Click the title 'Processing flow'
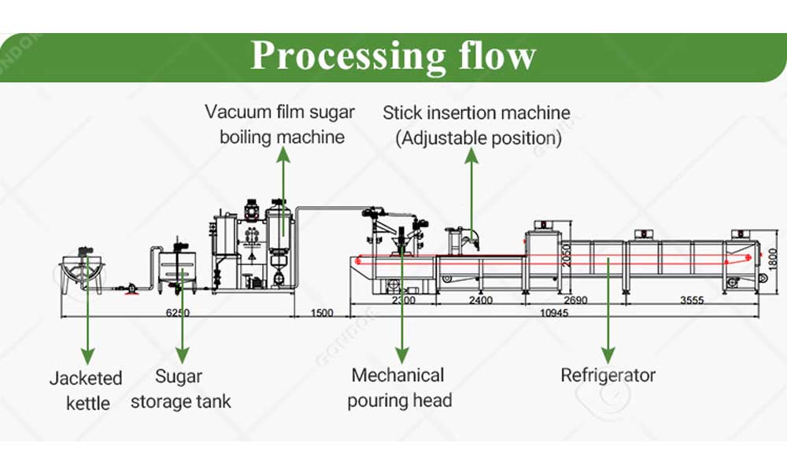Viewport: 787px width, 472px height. [x=393, y=56]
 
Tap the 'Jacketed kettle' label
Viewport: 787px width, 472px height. [x=86, y=390]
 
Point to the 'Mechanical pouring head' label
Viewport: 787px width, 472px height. [x=399, y=387]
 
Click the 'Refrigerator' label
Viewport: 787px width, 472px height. [x=608, y=375]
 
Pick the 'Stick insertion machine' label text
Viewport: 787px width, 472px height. [x=476, y=112]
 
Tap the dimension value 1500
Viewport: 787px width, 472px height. [x=322, y=312]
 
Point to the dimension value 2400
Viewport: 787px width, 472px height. [x=480, y=300]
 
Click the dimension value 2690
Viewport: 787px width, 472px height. [x=576, y=300]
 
